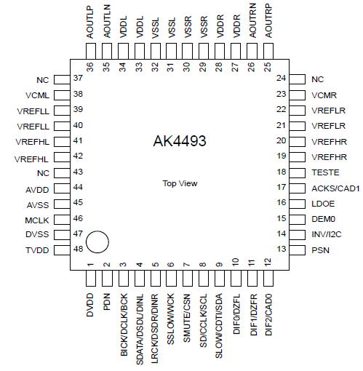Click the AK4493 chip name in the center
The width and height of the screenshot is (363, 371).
click(180, 140)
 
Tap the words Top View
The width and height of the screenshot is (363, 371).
click(180, 183)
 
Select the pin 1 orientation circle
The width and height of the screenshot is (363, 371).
click(97, 242)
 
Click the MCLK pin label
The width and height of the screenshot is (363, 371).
click(37, 220)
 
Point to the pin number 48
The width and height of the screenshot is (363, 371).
click(78, 249)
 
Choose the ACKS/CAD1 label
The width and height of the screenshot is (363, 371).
click(335, 188)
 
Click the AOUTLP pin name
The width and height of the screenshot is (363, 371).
click(89, 23)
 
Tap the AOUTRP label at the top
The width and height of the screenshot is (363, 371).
click(268, 21)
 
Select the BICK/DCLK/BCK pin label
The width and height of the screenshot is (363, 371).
click(124, 325)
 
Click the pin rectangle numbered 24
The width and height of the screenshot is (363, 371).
click(298, 79)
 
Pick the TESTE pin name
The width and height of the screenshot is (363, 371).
click(325, 172)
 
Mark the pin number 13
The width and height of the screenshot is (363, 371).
click(282, 249)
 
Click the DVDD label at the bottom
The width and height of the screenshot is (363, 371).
click(89, 305)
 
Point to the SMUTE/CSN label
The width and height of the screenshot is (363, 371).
click(187, 318)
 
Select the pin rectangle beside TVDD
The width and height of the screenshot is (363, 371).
click(62, 250)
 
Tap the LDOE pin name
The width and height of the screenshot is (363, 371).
click(323, 204)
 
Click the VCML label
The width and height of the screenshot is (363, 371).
click(37, 95)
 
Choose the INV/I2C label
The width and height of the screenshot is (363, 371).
click(327, 234)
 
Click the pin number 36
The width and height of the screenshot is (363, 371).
click(90, 67)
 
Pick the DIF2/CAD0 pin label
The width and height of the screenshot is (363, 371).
click(268, 315)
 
